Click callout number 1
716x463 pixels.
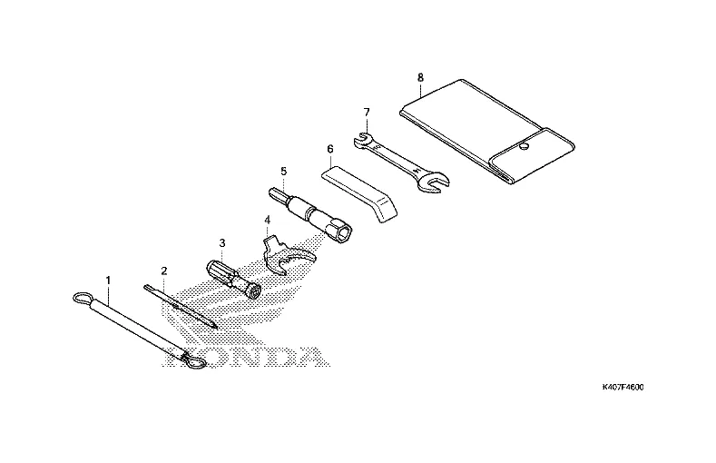(108, 281)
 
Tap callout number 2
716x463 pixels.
(164, 271)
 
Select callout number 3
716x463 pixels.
(221, 243)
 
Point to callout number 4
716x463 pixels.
(267, 220)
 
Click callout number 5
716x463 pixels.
(283, 171)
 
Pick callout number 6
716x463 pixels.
(330, 148)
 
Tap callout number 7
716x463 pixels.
(367, 112)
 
